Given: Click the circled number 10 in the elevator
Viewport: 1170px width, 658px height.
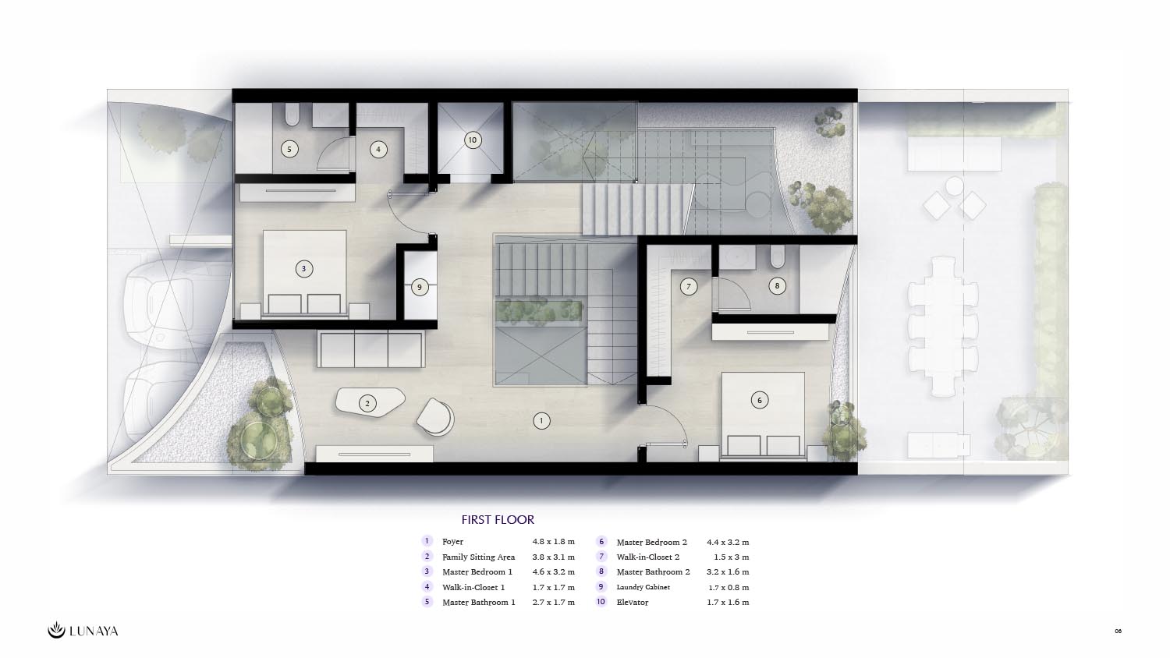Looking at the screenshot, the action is click(x=473, y=140).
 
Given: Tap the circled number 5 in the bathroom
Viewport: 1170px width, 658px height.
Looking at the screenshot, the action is click(x=289, y=150).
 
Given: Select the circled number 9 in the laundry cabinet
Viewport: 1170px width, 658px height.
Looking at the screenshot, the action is click(x=420, y=287).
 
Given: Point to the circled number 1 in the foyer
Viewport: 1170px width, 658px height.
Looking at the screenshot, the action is click(x=541, y=420).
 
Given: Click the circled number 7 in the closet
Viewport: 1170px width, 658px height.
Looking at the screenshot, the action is click(x=689, y=286).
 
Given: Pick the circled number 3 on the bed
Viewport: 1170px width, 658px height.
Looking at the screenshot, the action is click(x=304, y=269).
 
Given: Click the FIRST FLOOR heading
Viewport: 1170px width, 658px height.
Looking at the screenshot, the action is click(x=498, y=519).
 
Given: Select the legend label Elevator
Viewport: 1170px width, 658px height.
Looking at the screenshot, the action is click(x=633, y=602).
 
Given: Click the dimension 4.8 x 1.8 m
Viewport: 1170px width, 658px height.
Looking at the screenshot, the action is click(x=554, y=542).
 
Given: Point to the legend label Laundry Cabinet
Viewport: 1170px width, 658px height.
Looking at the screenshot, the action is click(x=643, y=587).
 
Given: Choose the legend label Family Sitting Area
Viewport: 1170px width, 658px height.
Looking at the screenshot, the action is click(x=478, y=557).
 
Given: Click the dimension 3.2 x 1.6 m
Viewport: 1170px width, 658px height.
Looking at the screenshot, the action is click(x=728, y=571).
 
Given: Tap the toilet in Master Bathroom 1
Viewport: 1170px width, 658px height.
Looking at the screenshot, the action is click(x=292, y=115).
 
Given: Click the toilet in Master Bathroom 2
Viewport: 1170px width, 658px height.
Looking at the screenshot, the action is click(x=777, y=256).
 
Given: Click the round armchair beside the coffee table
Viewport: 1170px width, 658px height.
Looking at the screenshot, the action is click(x=435, y=417).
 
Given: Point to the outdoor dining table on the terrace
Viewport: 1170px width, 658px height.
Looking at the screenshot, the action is click(x=943, y=326).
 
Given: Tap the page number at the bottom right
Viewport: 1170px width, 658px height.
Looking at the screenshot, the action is click(x=1119, y=631).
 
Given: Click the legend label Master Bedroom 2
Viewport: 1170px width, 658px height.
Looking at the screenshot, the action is click(x=652, y=542).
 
